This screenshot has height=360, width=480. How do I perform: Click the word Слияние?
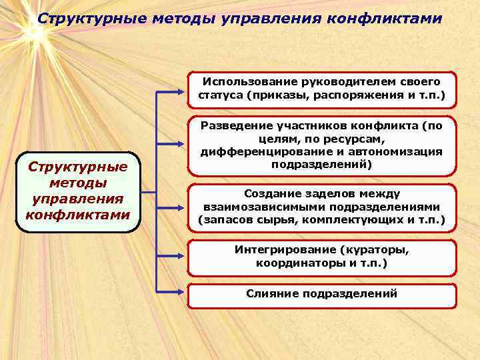[272, 293]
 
